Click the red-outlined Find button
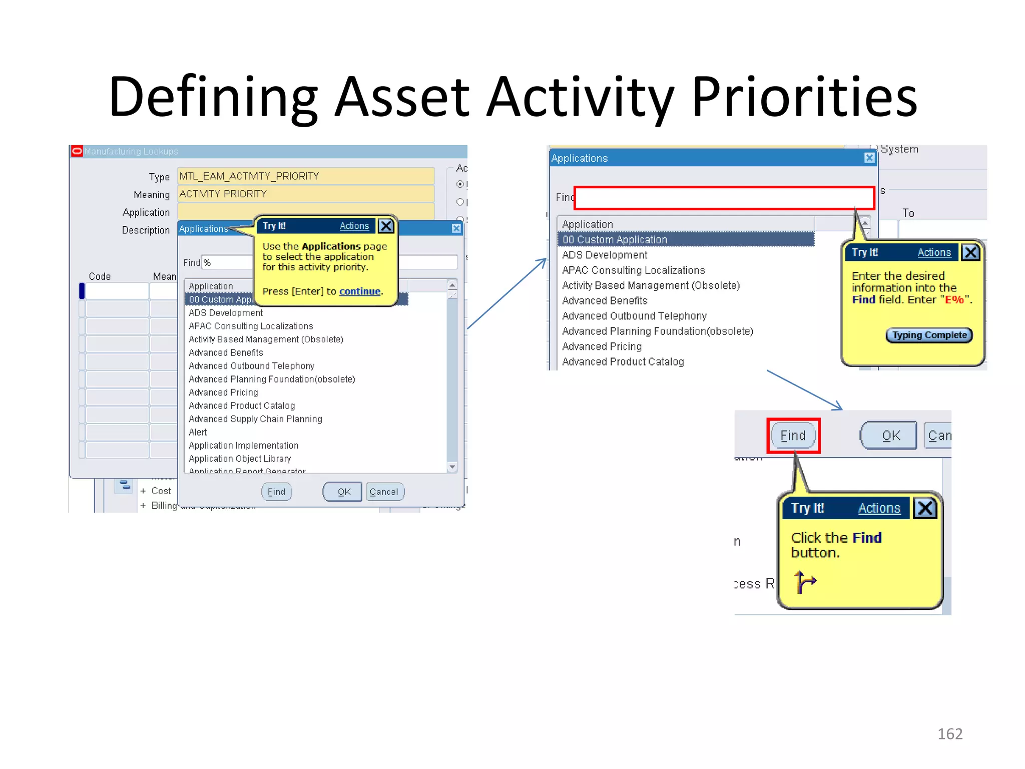point(793,436)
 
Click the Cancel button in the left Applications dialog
point(384,492)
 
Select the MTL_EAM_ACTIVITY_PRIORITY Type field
point(305,176)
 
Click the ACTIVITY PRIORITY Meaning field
point(305,194)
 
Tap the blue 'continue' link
point(359,291)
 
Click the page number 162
point(949,733)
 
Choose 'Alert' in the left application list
point(198,432)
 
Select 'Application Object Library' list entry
point(239,459)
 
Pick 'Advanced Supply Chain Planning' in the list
point(255,419)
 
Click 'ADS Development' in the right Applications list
point(604,255)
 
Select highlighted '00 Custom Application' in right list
point(615,240)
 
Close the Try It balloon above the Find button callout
point(925,508)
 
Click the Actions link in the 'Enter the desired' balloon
point(933,252)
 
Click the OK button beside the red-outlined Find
point(890,436)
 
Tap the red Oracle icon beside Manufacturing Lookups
point(77,151)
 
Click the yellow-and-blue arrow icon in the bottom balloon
point(804,582)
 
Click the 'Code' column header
point(100,276)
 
